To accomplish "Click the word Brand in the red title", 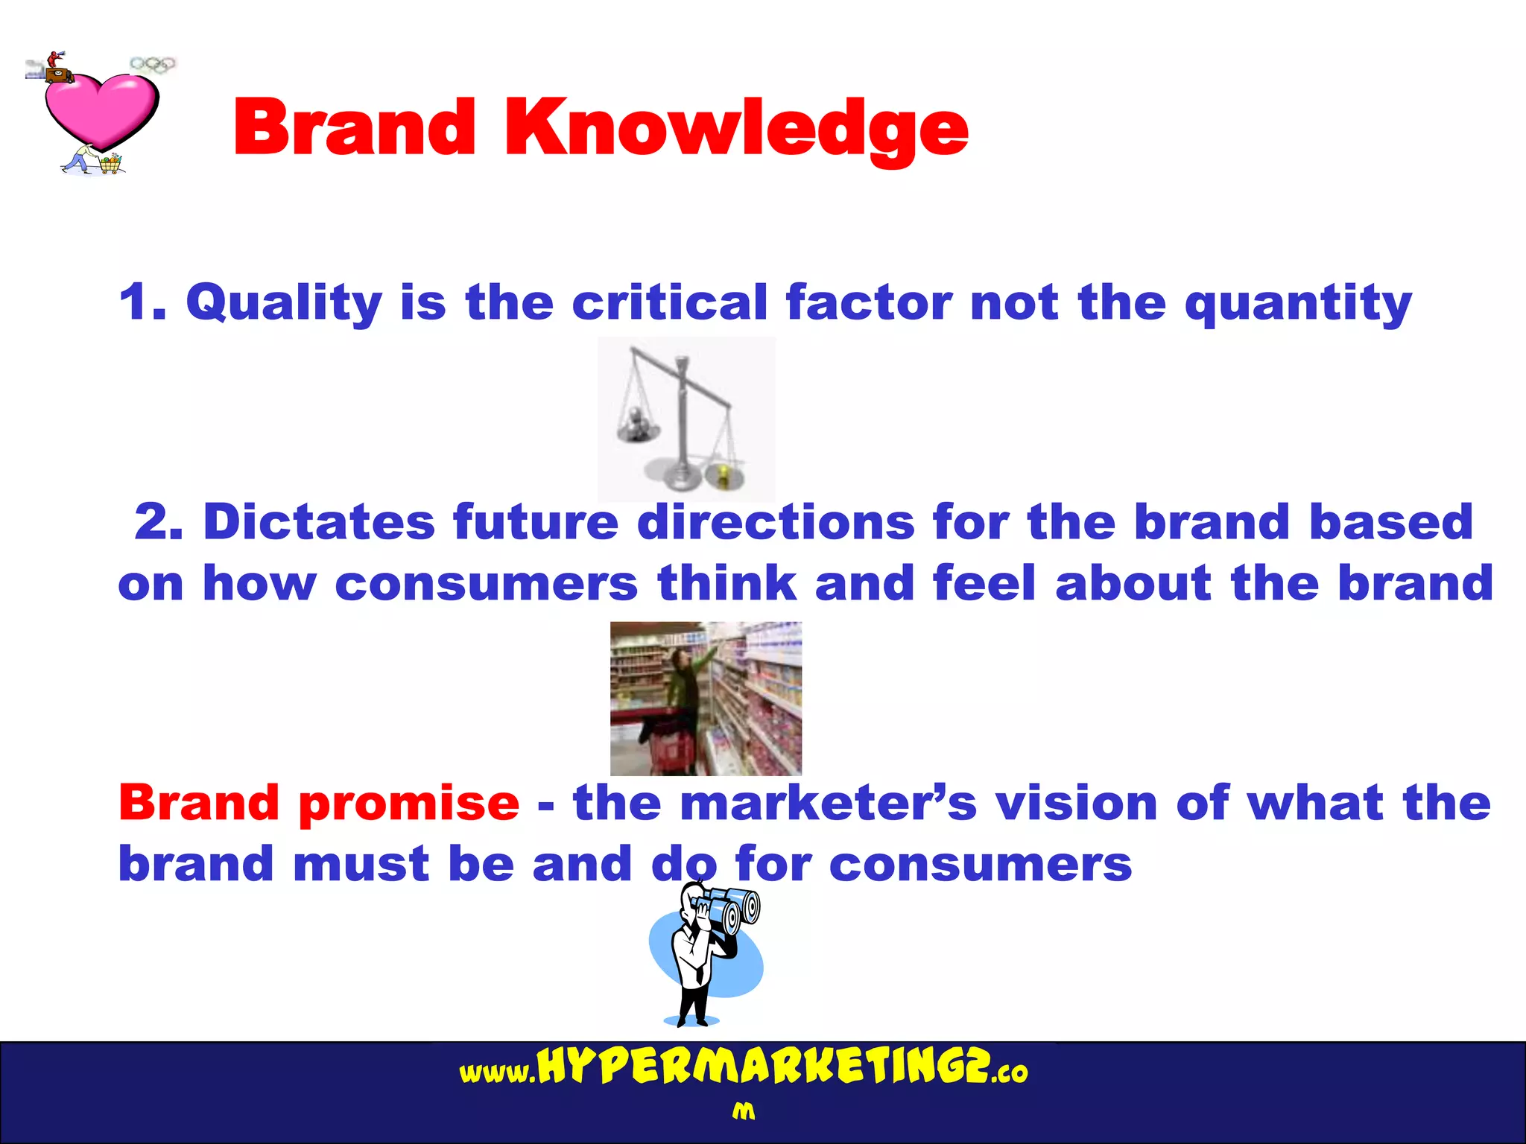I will [x=355, y=128].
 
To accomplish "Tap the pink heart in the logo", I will [x=101, y=108].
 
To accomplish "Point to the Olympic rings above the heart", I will [x=153, y=65].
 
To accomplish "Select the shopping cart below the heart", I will [x=110, y=164].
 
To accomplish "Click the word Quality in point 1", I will [x=284, y=302].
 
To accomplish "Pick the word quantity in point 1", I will [x=1298, y=302].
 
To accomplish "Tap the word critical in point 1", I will [x=669, y=302].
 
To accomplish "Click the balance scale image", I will [x=686, y=419].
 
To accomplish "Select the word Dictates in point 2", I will [x=319, y=521].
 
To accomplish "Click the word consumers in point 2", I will [x=486, y=582].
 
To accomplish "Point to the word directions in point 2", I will [x=776, y=521].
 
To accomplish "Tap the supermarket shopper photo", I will [x=706, y=698].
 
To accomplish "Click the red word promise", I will [x=409, y=803].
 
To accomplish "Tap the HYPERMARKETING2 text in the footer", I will [x=763, y=1067].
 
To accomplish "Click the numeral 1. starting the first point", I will [x=142, y=302].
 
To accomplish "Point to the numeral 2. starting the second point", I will [x=159, y=521].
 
